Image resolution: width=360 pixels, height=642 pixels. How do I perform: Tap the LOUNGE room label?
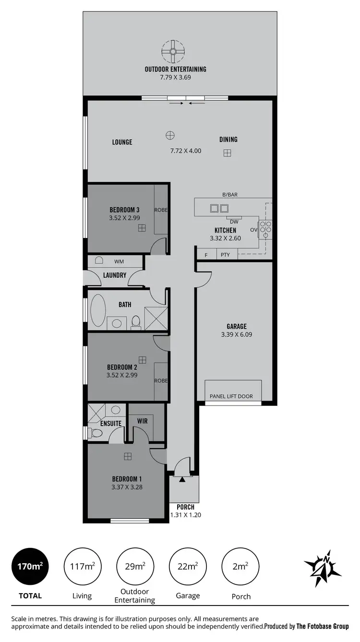pos(122,142)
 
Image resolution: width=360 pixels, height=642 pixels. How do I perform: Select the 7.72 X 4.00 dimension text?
pos(186,151)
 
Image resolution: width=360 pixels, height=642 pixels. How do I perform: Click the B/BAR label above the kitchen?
pos(230,195)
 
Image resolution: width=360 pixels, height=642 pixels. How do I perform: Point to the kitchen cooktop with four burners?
pos(266,229)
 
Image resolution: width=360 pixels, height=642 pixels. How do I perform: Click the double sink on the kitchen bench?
pos(219,208)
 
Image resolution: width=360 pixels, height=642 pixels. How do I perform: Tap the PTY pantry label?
pos(225,255)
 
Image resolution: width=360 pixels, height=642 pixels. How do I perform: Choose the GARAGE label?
pos(237,327)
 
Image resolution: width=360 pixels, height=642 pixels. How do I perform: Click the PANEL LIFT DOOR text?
pos(231,396)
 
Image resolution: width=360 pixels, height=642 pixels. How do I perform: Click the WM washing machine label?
pos(119,262)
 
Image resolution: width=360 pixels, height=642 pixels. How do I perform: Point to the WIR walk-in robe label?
pos(142,421)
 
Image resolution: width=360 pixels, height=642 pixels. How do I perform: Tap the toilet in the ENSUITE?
pos(96,433)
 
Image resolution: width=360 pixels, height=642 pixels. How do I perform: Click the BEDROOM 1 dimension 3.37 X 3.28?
pos(127,487)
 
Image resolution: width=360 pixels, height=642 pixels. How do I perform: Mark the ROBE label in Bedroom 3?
pos(161,210)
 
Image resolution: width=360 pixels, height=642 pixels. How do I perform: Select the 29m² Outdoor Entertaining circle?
pos(135,566)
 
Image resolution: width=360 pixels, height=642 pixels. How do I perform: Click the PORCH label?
pos(185,507)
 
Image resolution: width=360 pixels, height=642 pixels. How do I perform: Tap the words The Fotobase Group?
pos(323,626)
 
